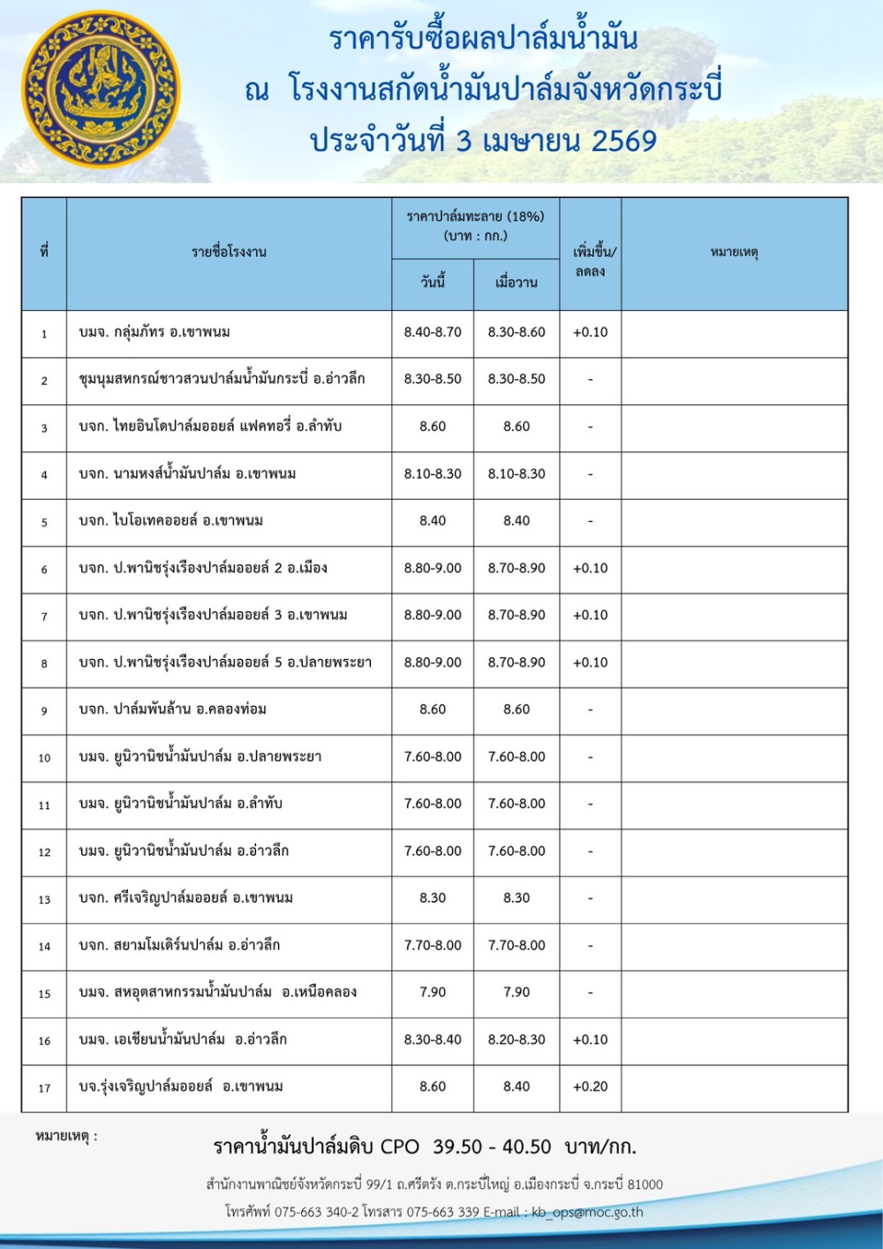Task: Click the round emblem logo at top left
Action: (100, 88)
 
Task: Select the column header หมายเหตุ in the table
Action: (734, 253)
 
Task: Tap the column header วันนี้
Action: (433, 283)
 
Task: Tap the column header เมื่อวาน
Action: (517, 283)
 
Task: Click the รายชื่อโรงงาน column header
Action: (229, 253)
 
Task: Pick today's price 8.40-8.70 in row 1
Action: (433, 332)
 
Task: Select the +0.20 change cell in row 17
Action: (590, 1086)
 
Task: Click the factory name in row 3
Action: (210, 426)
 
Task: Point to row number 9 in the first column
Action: (44, 710)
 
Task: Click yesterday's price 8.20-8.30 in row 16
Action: (517, 1040)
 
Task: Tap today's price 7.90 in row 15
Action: (433, 992)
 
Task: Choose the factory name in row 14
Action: (179, 945)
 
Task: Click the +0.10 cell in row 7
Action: (590, 615)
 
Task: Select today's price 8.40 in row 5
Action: (433, 520)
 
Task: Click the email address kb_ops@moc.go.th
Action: (587, 1212)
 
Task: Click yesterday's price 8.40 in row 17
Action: (517, 1086)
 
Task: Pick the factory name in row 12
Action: (184, 851)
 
